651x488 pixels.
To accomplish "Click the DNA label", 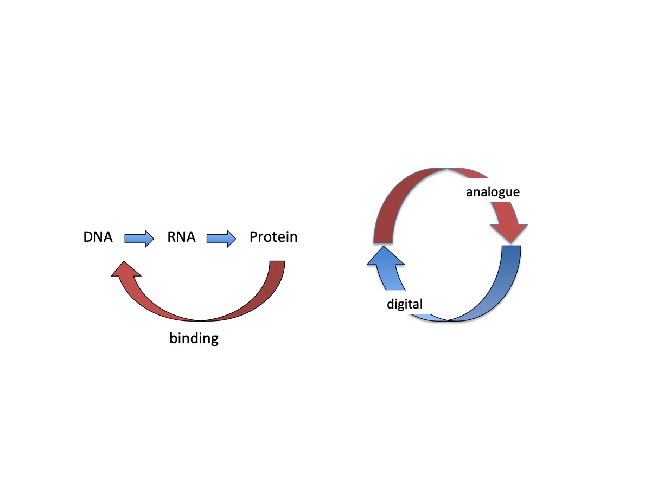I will tap(98, 237).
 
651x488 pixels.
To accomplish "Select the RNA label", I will tap(181, 237).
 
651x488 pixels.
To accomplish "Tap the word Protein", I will tap(273, 237).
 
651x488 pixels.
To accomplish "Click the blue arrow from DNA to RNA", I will tap(139, 239).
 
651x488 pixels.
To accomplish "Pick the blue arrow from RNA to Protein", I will tap(221, 239).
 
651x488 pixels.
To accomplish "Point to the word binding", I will tap(194, 339).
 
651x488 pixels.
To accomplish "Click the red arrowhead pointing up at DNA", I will tap(124, 269).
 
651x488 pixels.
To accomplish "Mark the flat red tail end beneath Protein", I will tap(277, 262).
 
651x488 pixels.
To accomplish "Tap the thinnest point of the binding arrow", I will tap(201, 320).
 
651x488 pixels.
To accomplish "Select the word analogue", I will tap(493, 192).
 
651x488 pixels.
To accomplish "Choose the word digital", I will tap(404, 304).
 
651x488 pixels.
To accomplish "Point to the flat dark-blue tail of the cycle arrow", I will tap(512, 247).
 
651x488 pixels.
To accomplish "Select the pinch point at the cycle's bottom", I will tap(448, 320).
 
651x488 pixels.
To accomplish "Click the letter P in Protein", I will tap(253, 237).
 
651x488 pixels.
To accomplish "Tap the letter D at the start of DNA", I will tap(87, 237).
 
